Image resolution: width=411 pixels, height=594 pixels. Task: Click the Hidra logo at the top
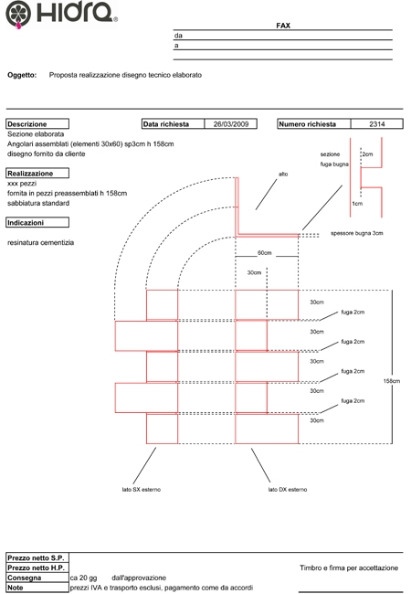[x=61, y=15]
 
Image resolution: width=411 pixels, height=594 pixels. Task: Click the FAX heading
[x=283, y=26]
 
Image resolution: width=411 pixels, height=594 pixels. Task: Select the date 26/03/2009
[x=231, y=124]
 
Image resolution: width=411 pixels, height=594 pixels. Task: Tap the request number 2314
[x=377, y=124]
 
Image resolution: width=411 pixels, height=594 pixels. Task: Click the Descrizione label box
[x=37, y=124]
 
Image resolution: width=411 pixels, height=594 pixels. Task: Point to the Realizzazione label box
[x=37, y=173]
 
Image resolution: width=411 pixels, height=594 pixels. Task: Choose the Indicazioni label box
[x=37, y=222]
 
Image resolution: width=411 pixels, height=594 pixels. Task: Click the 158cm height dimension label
[x=391, y=381]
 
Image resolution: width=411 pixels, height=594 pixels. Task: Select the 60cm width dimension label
[x=265, y=252]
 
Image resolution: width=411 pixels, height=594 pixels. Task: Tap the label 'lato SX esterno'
[x=142, y=490]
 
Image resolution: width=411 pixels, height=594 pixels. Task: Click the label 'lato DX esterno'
[x=288, y=490]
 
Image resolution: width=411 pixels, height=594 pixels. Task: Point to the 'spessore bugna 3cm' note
[x=357, y=233]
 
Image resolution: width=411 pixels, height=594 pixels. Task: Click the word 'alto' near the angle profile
[x=283, y=174]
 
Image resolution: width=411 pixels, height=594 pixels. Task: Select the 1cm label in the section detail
[x=357, y=204]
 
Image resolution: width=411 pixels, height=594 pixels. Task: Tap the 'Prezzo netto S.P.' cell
[x=37, y=557]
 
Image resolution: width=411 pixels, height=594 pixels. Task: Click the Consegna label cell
[x=37, y=578]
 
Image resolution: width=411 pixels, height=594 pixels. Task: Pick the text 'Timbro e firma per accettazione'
[x=349, y=567]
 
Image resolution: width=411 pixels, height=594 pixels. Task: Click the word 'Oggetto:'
[x=22, y=75]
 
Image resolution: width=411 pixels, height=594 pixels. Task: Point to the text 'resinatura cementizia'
[x=40, y=242]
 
